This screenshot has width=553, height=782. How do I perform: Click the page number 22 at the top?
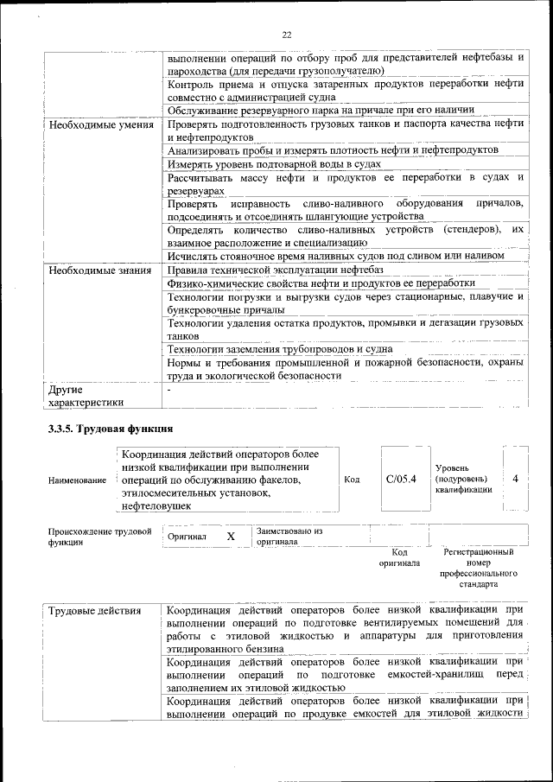[286, 35]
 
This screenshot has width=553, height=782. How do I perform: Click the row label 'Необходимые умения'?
[101, 124]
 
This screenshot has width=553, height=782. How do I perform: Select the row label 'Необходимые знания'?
[101, 270]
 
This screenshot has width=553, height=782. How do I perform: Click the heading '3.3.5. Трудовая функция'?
[111, 429]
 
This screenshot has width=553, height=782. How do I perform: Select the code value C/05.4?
[401, 478]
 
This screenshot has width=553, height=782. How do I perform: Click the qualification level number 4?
[515, 478]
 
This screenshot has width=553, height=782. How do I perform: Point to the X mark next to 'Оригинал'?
[231, 537]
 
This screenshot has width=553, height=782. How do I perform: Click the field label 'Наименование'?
[78, 480]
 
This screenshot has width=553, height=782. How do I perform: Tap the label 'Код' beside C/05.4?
[352, 479]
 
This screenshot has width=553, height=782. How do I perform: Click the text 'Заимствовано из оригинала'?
[289, 537]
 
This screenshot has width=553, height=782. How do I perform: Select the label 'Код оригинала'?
[399, 557]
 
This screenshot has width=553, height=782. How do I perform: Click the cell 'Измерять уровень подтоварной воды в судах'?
[274, 163]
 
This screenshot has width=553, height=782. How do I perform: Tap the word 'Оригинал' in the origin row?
[188, 537]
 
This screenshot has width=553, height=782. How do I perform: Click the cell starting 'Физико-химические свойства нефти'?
[321, 283]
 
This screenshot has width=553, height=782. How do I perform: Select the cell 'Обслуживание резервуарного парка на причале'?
[321, 110]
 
